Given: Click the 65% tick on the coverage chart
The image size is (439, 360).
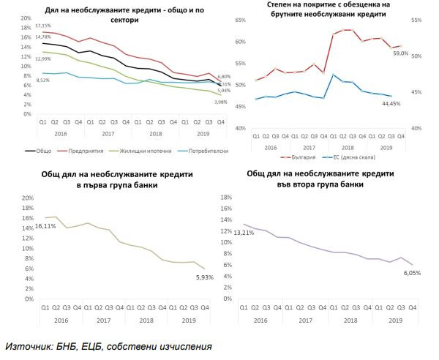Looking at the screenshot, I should pos(241,21).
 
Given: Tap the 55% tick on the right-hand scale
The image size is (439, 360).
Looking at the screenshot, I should pos(418,21).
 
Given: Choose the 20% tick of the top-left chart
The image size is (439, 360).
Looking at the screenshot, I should pos(25,18).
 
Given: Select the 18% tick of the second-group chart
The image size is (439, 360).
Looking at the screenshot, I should pos(226,198).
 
